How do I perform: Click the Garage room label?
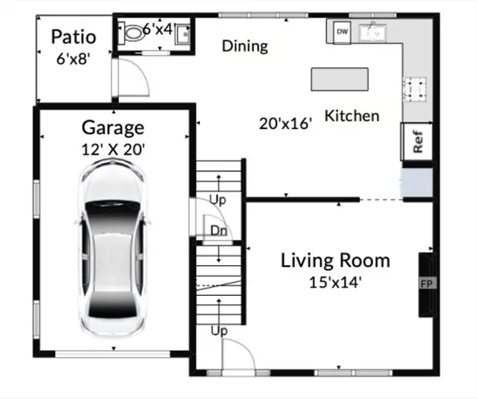112,128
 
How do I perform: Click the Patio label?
73,37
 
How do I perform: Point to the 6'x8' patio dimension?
72,59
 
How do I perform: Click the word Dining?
245,46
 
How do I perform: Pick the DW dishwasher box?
341,32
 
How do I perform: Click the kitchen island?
340,79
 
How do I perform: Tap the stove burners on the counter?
415,88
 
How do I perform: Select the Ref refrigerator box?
417,140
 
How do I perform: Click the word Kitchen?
351,116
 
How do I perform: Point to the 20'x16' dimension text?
286,124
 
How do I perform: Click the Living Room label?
335,260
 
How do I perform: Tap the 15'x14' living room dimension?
335,282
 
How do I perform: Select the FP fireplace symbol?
425,283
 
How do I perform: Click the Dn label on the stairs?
219,230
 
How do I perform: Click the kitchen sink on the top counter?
374,32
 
